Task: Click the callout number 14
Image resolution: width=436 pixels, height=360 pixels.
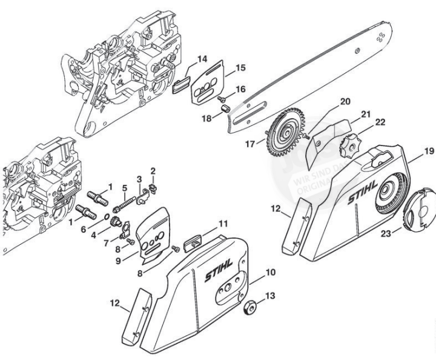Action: (x=202, y=59)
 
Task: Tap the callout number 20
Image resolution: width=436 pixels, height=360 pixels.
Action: (x=345, y=102)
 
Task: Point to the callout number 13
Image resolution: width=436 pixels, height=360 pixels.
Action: (x=270, y=296)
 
